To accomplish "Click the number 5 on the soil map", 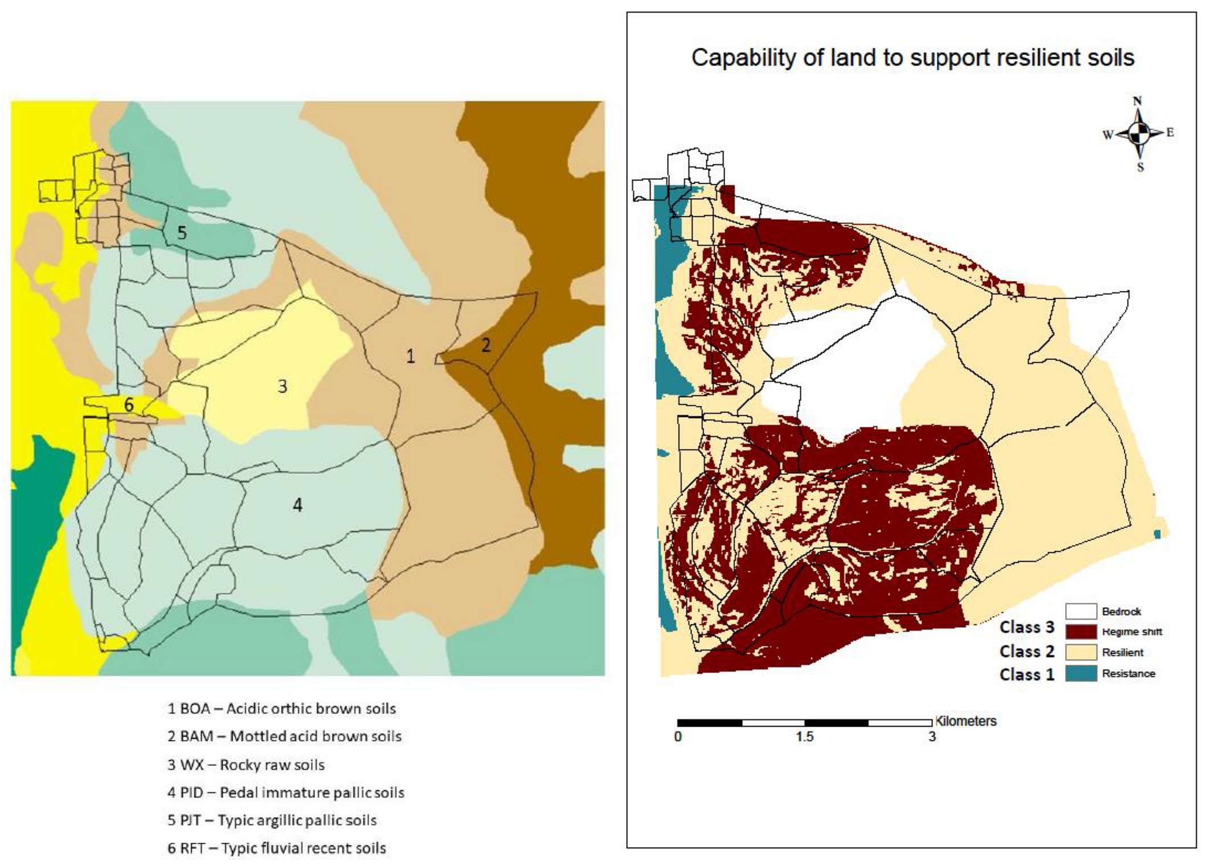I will pos(181,232).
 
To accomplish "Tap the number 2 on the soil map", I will pos(486,345).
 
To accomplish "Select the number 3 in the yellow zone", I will pos(282,387).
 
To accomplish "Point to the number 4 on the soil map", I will pos(297,505).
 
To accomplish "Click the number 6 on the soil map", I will pos(129,405).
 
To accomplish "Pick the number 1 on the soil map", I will pos(410,357).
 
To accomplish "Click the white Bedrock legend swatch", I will pos(1080,611).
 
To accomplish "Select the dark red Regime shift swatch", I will pos(1080,632).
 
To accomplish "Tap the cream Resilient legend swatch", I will pos(1080,652).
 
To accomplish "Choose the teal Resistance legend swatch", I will pos(1080,673).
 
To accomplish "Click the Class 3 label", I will pos(1027,627).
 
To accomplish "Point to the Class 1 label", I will pos(1027,674).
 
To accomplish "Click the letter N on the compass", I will pos(1137,101).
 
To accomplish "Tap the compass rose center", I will pos(1139,134).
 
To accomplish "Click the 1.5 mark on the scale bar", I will pos(804,737).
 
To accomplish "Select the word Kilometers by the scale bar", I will pos(965,721).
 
